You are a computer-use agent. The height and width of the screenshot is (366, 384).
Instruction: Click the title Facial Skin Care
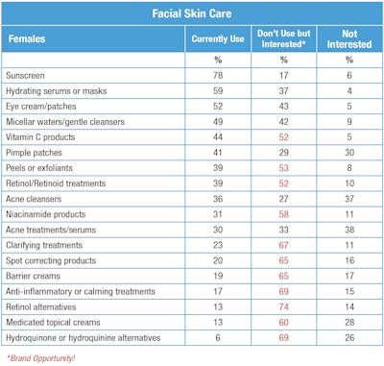pos(192,14)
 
